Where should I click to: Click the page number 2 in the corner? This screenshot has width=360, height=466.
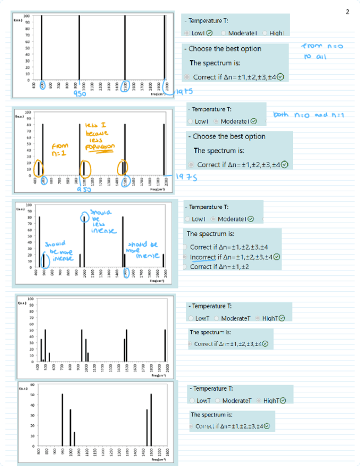347,12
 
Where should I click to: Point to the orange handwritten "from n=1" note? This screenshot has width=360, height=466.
59,149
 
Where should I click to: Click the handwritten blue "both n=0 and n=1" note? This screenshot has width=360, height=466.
307,115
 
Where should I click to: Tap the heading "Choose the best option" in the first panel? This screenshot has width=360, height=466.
225,49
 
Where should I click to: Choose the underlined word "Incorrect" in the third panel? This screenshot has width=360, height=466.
206,257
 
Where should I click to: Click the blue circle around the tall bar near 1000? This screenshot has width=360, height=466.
84,216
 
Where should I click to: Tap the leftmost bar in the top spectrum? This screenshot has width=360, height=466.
41,48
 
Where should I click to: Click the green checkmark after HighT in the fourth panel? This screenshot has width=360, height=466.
281,318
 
